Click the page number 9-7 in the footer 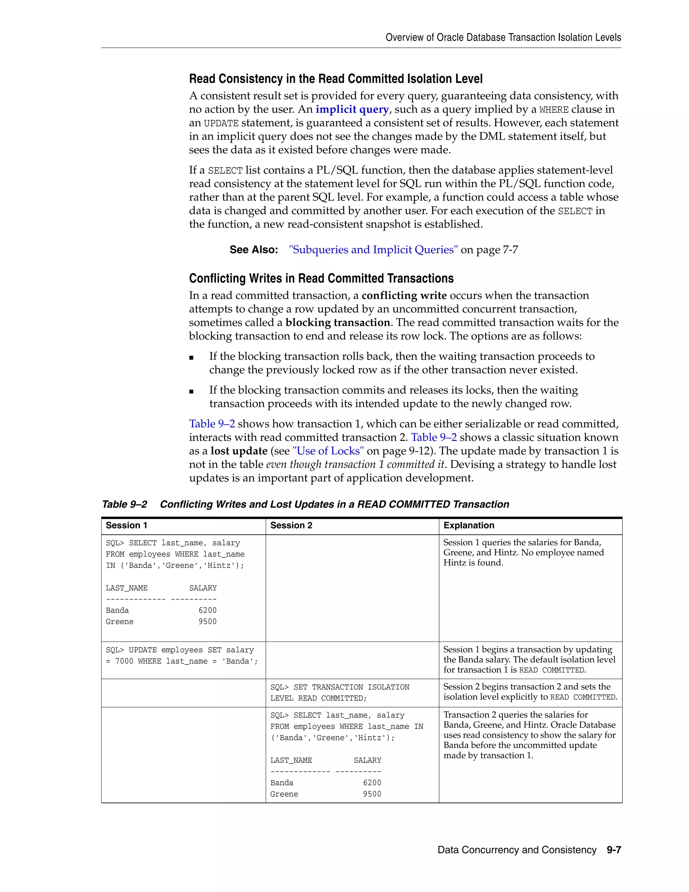(614, 850)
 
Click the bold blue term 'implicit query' (352, 109)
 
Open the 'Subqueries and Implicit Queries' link (373, 249)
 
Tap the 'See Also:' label (253, 249)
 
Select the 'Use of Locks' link (328, 451)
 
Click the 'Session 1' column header (126, 525)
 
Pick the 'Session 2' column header (291, 525)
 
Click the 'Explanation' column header (469, 525)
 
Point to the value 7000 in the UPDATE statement (124, 661)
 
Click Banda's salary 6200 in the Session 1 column (207, 610)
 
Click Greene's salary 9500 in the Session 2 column (372, 794)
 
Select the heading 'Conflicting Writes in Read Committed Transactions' (321, 279)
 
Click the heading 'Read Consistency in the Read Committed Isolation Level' (335, 79)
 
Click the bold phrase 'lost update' (239, 451)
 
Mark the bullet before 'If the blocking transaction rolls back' (191, 358)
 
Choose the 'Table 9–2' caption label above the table (124, 505)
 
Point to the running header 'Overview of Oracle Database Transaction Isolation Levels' (503, 38)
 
